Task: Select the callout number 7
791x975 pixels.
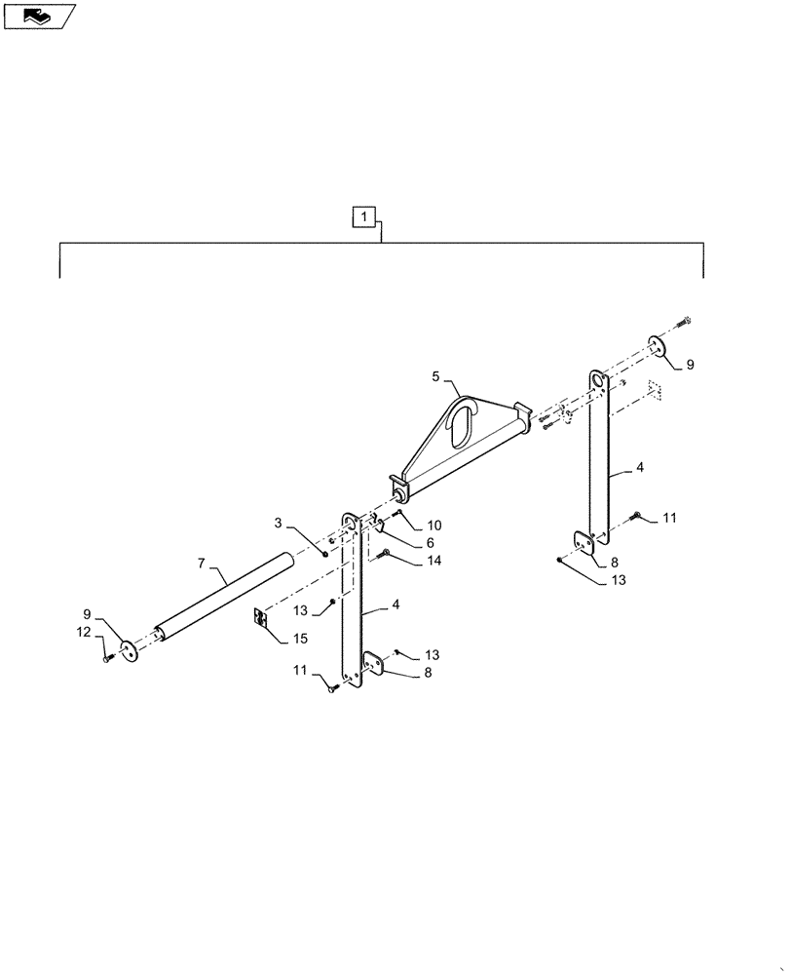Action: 202,564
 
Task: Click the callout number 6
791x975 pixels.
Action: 428,543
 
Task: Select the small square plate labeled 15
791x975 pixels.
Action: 259,618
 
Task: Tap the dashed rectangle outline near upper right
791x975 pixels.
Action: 656,390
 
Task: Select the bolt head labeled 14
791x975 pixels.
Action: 386,554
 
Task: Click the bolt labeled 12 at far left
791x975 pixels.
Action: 105,660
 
